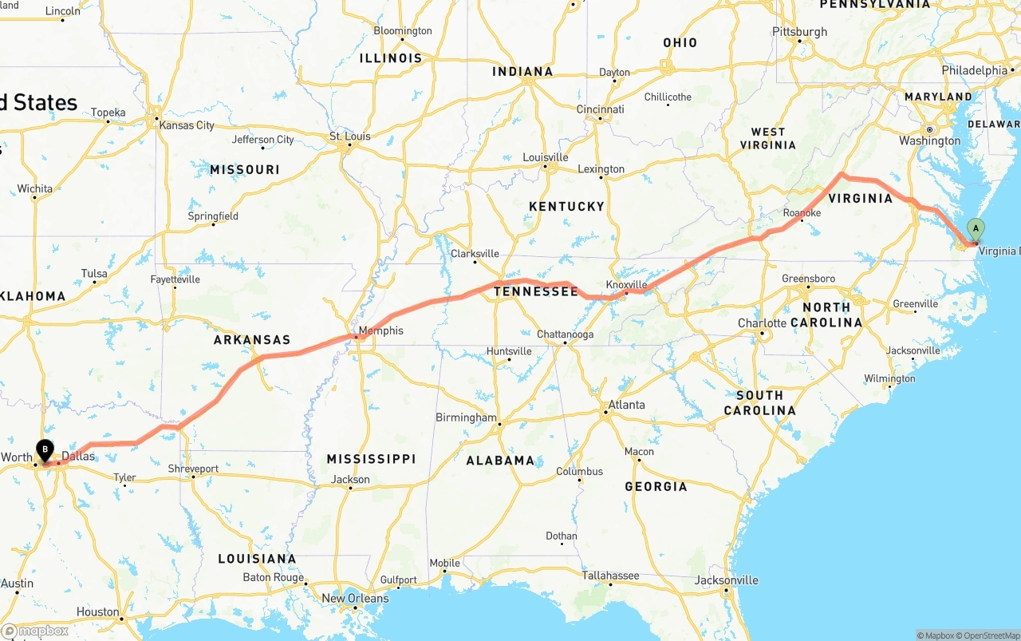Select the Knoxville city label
(626, 285)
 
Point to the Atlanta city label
(626, 405)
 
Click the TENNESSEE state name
(535, 291)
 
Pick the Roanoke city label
(802, 213)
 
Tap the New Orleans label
(355, 598)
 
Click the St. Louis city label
(350, 137)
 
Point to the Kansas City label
(187, 125)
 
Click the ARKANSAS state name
(252, 339)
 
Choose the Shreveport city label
(193, 469)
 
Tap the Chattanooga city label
(565, 334)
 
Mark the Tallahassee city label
(610, 575)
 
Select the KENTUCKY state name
(566, 206)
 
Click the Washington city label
(929, 140)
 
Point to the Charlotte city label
(762, 323)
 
